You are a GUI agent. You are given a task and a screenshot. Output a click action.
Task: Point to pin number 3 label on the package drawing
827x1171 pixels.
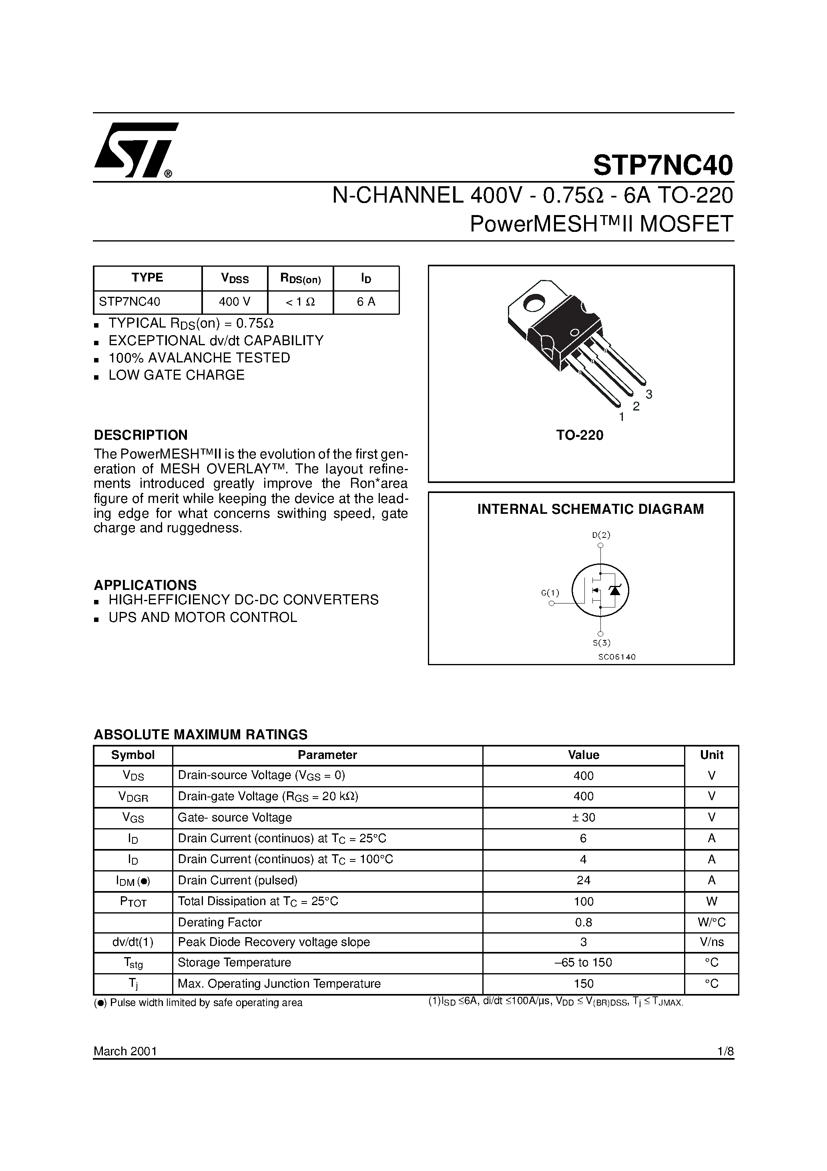pyautogui.click(x=648, y=394)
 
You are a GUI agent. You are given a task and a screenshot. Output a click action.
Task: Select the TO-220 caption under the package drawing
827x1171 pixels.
pyautogui.click(x=580, y=435)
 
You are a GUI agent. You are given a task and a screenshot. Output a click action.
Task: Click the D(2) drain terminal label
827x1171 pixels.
pyautogui.click(x=601, y=535)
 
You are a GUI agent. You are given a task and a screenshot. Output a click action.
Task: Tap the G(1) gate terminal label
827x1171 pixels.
pyautogui.click(x=550, y=593)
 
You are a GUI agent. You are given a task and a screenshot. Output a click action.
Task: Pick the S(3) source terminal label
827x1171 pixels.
pyautogui.click(x=601, y=643)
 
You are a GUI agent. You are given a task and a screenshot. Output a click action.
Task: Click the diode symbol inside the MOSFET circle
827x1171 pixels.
pyautogui.click(x=615, y=590)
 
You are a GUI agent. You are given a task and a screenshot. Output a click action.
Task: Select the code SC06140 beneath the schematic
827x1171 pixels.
pyautogui.click(x=617, y=657)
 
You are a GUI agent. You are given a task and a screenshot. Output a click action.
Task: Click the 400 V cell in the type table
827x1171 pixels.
pyautogui.click(x=235, y=302)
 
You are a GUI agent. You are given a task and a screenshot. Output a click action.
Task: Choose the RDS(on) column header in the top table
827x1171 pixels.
pyautogui.click(x=300, y=278)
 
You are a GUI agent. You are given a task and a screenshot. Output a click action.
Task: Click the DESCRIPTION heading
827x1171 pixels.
pyautogui.click(x=141, y=435)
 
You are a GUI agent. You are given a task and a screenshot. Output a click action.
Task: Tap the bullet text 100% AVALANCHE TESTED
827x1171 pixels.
pyautogui.click(x=199, y=358)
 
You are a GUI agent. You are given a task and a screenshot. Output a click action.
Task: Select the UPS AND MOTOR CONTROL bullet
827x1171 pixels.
pyautogui.click(x=203, y=617)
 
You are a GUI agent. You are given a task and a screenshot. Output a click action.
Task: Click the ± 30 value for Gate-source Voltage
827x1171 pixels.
pyautogui.click(x=583, y=817)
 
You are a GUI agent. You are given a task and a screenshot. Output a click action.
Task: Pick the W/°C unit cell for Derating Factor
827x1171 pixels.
pyautogui.click(x=711, y=922)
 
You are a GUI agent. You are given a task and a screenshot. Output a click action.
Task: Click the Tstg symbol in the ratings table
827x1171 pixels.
pyautogui.click(x=133, y=963)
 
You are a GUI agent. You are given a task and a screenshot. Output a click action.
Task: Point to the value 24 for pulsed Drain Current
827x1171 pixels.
pyautogui.click(x=583, y=880)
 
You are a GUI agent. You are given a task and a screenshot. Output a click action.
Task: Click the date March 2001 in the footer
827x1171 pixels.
pyautogui.click(x=125, y=1051)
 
